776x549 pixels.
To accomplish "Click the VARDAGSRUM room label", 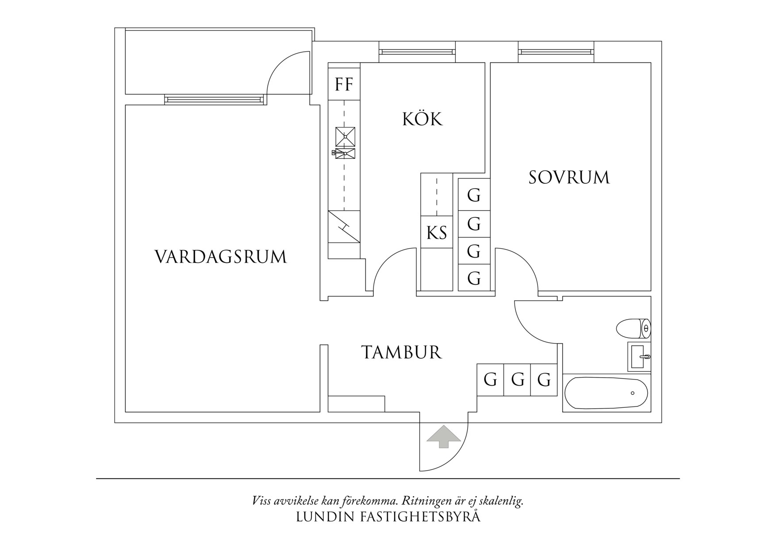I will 221,257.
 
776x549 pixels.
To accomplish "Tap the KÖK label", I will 422,119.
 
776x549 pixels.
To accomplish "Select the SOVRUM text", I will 569,178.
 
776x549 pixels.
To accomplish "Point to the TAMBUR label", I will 401,352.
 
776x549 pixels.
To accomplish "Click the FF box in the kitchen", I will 344,84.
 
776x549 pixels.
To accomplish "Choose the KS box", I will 436,232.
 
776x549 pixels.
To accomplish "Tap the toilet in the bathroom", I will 633,329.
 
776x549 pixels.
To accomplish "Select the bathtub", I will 606,393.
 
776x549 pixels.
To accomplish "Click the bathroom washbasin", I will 638,356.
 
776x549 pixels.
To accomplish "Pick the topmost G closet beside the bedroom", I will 474,195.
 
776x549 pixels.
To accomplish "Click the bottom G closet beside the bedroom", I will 474,278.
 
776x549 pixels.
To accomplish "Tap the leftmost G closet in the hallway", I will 490,380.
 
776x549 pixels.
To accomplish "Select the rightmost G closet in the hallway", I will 544,380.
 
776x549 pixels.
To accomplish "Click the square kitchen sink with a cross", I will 345,137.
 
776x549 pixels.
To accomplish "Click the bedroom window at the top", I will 556,52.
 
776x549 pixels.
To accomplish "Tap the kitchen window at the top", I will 417,52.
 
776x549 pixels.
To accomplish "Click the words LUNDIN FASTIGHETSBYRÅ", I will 388,517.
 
